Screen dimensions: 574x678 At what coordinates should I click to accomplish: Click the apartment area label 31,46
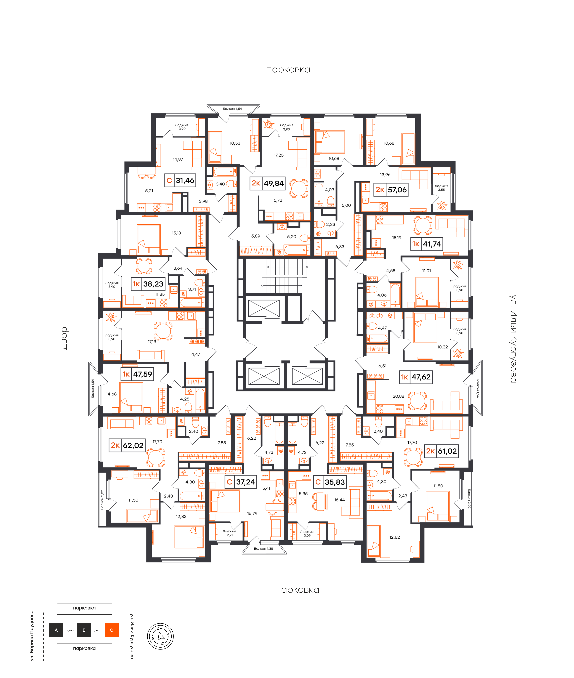185,181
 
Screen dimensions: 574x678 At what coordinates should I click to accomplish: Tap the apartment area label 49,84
274,183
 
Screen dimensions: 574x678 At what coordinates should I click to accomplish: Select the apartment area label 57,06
397,190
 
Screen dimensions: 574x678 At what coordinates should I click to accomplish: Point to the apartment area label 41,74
432,244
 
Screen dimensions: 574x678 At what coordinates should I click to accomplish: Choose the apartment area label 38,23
153,284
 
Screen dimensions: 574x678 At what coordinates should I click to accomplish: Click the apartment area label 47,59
143,374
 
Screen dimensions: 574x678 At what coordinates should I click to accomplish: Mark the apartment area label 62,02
133,445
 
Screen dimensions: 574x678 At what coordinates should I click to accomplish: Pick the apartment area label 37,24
246,482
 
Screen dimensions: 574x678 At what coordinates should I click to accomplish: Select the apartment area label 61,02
447,451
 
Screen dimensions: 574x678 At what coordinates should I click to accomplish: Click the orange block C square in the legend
112,630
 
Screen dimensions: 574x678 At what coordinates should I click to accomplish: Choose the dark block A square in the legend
56,630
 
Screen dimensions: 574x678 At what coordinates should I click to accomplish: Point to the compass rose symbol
160,636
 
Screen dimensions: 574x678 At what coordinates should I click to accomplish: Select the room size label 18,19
397,238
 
